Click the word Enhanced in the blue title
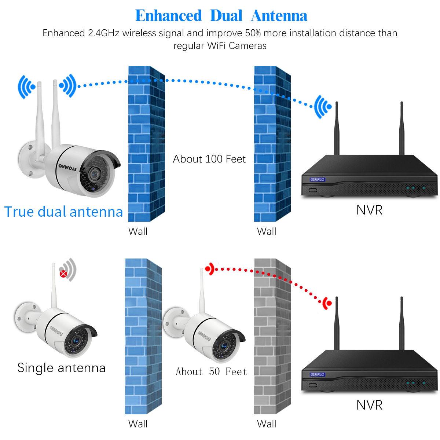coord(168,16)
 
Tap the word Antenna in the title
coord(279,16)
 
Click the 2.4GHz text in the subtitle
coord(103,33)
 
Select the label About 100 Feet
coord(209,159)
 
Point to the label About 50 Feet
coord(211,371)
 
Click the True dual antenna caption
coord(63,212)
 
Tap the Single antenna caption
coord(61,368)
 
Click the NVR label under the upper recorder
coord(369,210)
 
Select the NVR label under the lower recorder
coord(369,405)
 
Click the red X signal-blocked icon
coord(63,274)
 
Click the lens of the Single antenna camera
coord(76,341)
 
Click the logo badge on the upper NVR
coord(318,179)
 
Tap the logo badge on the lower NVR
coord(318,374)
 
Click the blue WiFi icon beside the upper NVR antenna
coord(323,107)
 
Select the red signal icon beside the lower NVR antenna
coord(327,303)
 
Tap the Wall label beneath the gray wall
coord(267,424)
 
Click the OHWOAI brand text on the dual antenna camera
coord(67,168)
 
